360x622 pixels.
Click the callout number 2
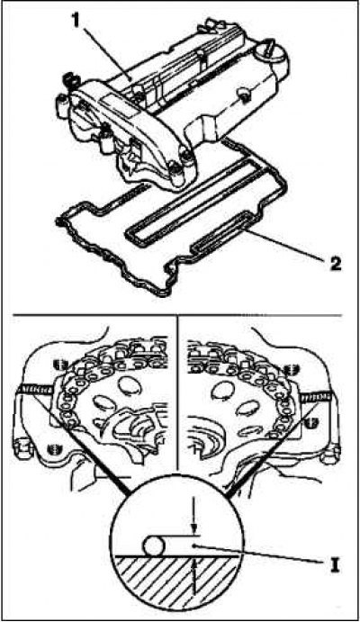pyautogui.click(x=334, y=264)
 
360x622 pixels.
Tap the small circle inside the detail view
pyautogui.click(x=153, y=545)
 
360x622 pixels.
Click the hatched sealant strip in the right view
pyautogui.click(x=316, y=395)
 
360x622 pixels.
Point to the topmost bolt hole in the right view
pyautogui.click(x=291, y=367)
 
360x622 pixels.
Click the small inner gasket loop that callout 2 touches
pyautogui.click(x=223, y=235)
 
